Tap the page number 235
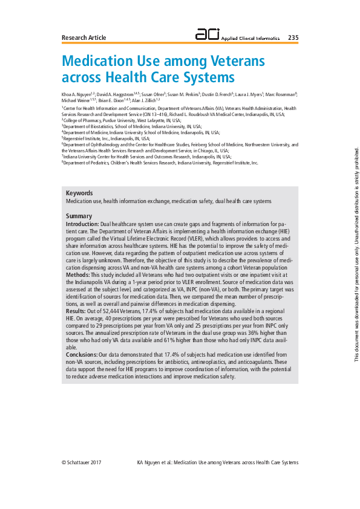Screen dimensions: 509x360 pyautogui.click(x=293, y=37)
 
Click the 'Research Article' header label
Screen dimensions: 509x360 pyautogui.click(x=83, y=37)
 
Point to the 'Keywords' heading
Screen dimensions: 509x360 pyautogui.click(x=79, y=193)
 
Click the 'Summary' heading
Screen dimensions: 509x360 pyautogui.click(x=79, y=216)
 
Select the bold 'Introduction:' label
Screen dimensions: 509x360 pyautogui.click(x=82, y=224)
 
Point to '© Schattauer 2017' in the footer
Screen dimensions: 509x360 pyautogui.click(x=81, y=462)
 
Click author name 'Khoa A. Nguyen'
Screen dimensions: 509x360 pyautogui.click(x=76, y=95)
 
